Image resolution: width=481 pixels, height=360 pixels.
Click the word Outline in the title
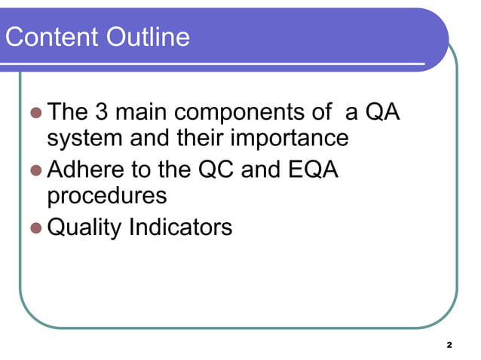147,37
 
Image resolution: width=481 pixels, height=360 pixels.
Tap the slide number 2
449,344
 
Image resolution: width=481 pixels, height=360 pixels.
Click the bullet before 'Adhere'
35,171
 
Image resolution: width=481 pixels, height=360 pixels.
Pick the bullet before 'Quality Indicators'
35,227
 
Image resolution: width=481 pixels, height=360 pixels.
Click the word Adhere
85,170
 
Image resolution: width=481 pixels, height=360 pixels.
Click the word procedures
106,197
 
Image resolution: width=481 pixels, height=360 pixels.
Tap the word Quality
84,227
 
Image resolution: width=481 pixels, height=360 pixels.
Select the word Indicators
181,227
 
